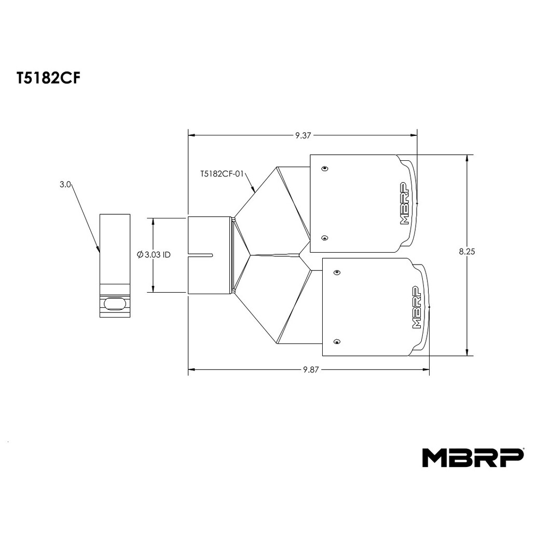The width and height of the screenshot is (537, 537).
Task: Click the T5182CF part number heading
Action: [x=48, y=78]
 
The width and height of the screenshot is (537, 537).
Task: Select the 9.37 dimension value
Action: [x=303, y=135]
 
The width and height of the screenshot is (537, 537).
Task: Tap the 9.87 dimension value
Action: [x=311, y=370]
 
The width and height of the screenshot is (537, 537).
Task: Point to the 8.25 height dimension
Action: [x=467, y=252]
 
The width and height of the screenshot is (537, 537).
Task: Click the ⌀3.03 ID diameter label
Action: [x=154, y=255]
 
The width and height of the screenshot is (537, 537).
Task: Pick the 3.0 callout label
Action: [x=65, y=185]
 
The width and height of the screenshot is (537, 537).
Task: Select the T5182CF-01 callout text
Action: [x=222, y=174]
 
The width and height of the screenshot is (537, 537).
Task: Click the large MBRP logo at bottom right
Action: [x=473, y=458]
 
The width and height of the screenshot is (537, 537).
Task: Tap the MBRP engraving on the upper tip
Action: [x=405, y=203]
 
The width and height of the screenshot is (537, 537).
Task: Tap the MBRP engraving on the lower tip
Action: [x=417, y=307]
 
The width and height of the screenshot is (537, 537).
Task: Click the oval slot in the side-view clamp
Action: [x=115, y=303]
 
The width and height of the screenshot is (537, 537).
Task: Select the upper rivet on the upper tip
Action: [x=325, y=169]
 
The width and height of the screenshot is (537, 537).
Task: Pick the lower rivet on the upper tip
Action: [x=325, y=238]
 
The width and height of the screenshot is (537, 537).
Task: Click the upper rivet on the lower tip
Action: [x=337, y=272]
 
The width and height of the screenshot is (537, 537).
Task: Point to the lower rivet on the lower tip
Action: [x=337, y=342]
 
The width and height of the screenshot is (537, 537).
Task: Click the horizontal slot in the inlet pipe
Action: [x=201, y=255]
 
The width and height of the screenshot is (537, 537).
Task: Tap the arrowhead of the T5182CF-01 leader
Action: [x=253, y=189]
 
